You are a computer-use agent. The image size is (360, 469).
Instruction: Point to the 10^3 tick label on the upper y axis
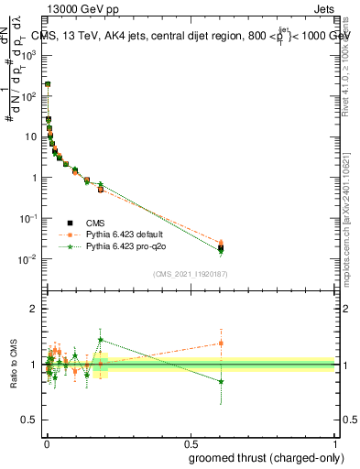[29, 55]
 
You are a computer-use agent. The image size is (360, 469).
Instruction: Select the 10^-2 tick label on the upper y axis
[29, 259]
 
